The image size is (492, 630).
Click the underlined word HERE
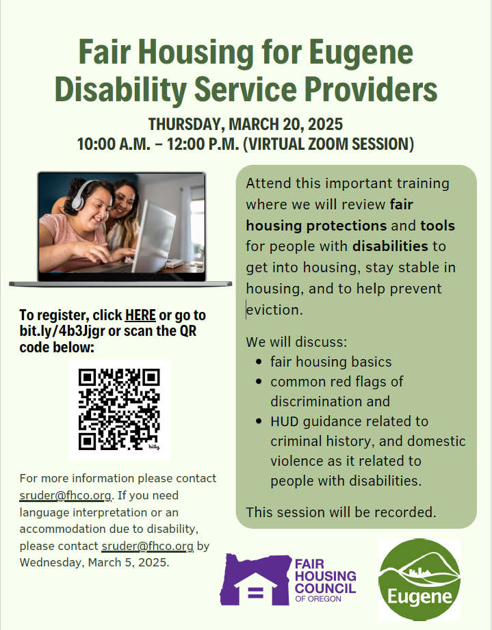pos(140,315)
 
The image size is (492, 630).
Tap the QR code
pos(119,410)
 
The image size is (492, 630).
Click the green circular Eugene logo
pos(419,579)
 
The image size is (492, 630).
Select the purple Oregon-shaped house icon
pos(255,579)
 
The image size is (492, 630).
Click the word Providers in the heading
pos(371,89)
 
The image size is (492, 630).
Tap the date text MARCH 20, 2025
pos(285,124)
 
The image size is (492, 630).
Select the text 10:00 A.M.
pos(114,144)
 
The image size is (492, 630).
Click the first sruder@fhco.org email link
pos(65,495)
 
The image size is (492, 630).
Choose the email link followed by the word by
pos(148,546)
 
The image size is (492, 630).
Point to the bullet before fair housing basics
pos(259,362)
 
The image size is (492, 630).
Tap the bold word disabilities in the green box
pos(390,246)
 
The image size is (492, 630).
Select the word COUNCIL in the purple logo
pos(326,588)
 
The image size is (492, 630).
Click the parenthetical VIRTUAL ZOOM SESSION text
pos(328,144)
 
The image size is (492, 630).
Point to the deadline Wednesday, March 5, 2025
pos(94,562)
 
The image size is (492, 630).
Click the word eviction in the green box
pos(274,310)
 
